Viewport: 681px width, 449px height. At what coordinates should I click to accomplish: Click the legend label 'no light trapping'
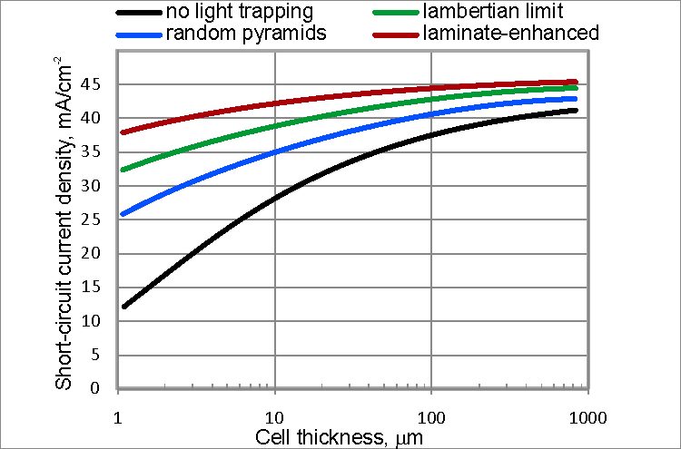(x=239, y=13)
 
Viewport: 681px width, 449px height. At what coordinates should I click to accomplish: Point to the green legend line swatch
(x=396, y=14)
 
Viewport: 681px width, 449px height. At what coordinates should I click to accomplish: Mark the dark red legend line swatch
(x=396, y=34)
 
